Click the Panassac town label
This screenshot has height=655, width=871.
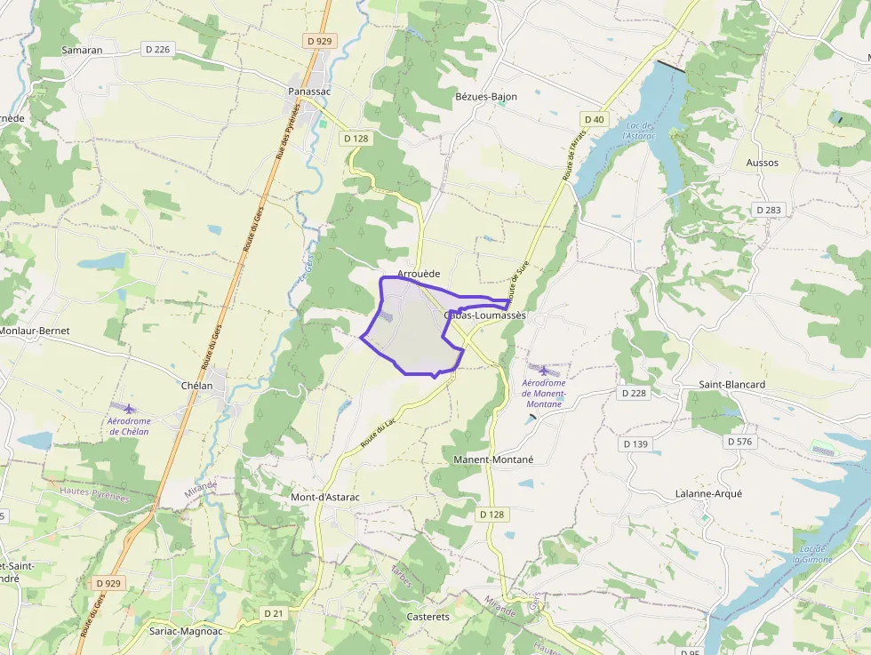click(309, 92)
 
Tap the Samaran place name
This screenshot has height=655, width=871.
click(82, 50)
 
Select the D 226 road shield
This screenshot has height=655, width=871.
click(157, 50)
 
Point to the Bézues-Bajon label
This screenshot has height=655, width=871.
click(486, 96)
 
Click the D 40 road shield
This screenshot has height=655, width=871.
click(594, 119)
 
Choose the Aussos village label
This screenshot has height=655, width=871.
click(763, 163)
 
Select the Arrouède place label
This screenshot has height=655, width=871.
click(420, 274)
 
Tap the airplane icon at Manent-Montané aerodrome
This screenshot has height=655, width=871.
click(543, 370)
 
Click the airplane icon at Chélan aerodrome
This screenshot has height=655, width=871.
click(129, 408)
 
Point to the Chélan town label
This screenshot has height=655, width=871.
click(197, 386)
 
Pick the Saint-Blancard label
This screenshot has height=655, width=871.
click(731, 384)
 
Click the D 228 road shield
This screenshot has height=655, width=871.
click(634, 392)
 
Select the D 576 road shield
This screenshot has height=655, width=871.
click(739, 441)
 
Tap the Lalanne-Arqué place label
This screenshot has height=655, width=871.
click(707, 493)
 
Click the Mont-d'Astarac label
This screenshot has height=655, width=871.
click(325, 497)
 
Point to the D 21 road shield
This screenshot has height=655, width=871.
click(274, 613)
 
